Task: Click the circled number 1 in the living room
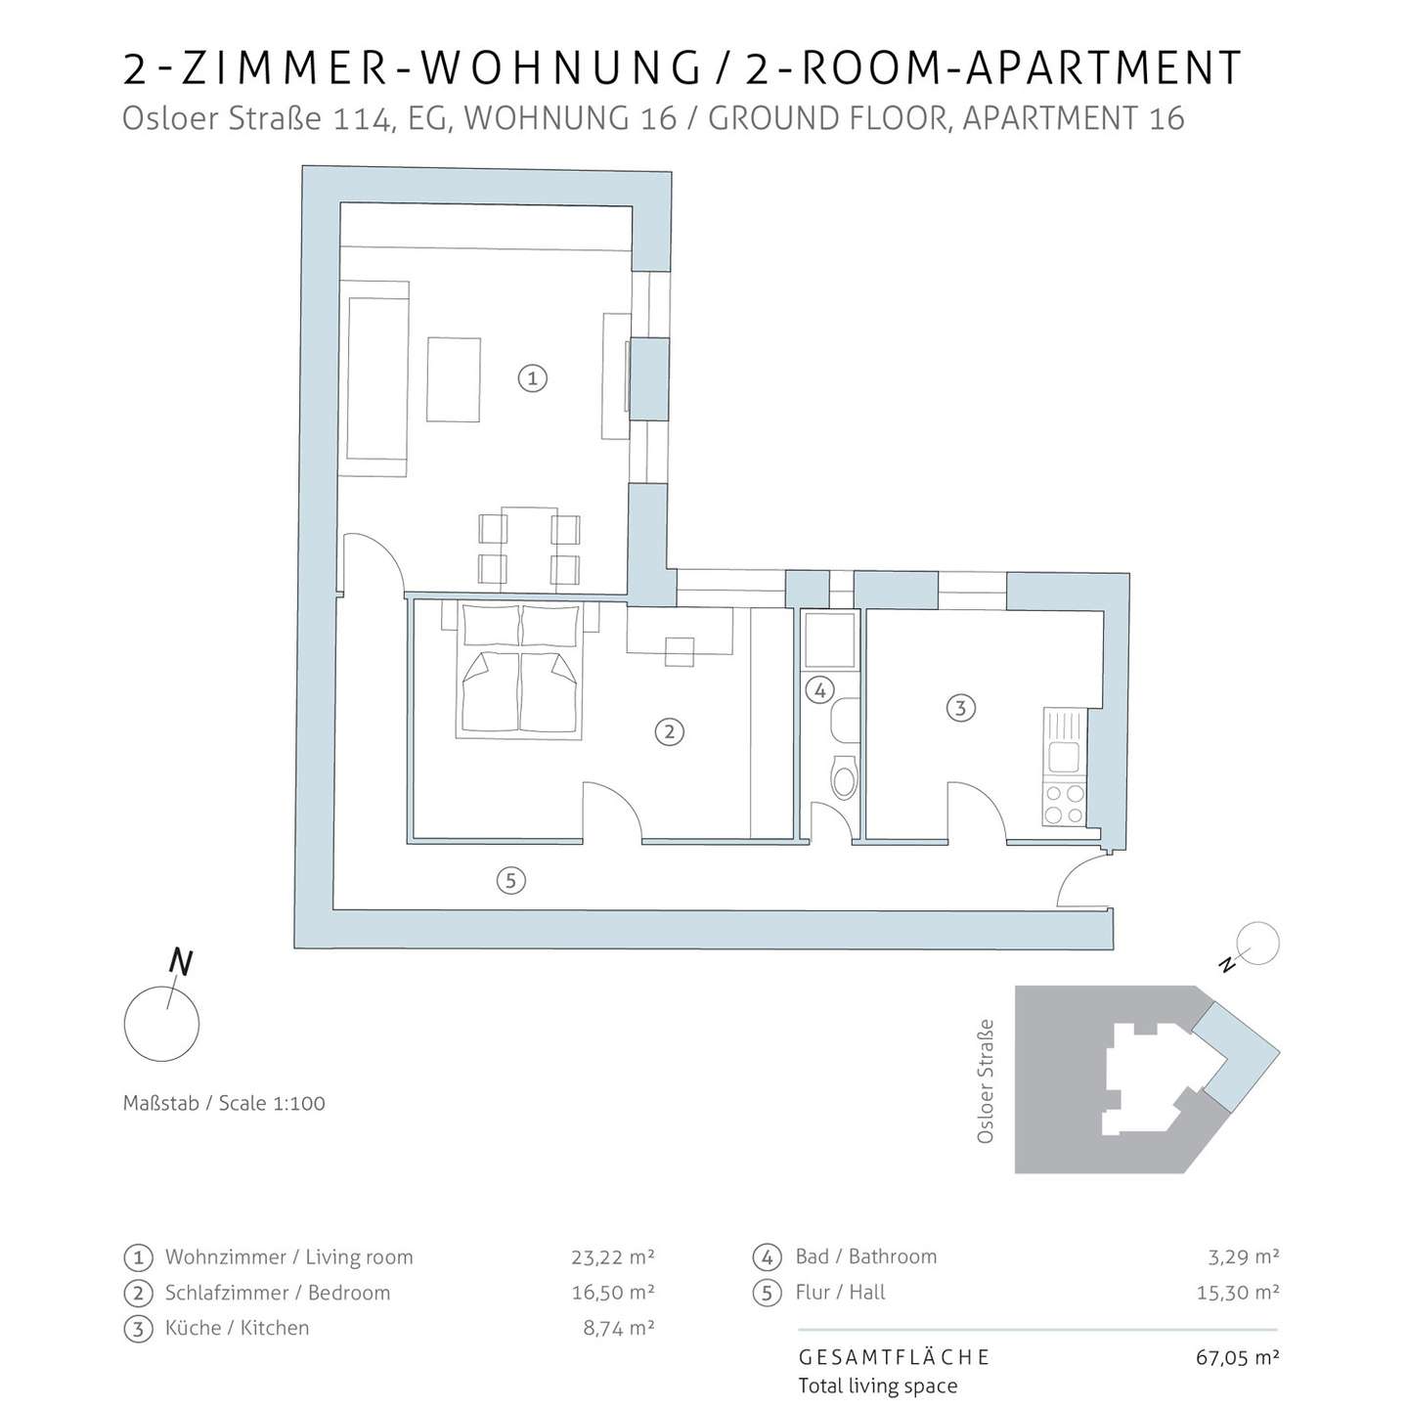[533, 378]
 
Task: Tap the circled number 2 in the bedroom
[670, 731]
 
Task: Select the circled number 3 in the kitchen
[960, 707]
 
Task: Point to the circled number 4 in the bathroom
[819, 689]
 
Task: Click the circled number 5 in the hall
[510, 880]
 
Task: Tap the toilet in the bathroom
[846, 777]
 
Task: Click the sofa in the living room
[377, 378]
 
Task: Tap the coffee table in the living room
[454, 379]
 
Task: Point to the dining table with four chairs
[530, 550]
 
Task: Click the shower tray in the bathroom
[830, 640]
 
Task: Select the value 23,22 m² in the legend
[612, 1256]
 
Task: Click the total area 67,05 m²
[1237, 1357]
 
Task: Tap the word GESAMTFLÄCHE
[895, 1357]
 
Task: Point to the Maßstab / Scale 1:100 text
[224, 1103]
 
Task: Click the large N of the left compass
[181, 962]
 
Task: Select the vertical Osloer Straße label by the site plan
[985, 1081]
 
